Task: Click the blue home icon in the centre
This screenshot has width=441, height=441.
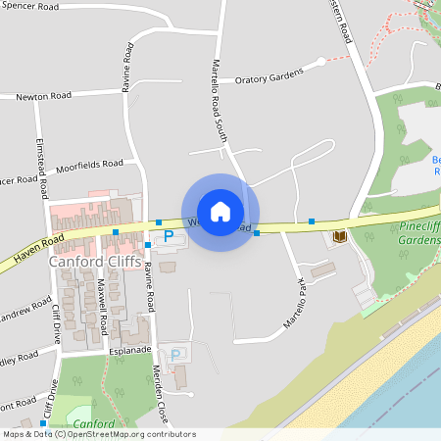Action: (x=220, y=212)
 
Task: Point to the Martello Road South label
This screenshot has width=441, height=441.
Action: (x=219, y=103)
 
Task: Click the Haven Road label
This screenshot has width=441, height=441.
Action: (x=37, y=248)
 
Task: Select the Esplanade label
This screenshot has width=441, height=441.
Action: (x=129, y=348)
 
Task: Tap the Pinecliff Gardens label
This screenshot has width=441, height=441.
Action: (x=420, y=232)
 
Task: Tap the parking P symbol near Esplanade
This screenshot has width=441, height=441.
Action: (x=176, y=355)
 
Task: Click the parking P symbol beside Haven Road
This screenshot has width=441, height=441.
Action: (x=168, y=236)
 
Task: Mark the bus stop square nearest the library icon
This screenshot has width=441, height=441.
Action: (x=312, y=222)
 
